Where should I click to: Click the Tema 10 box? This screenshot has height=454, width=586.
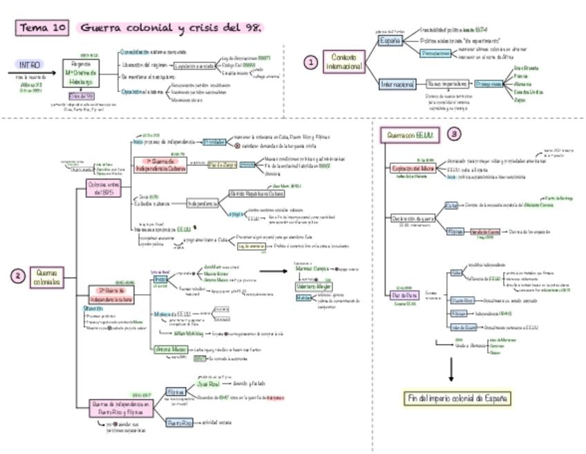point(43,28)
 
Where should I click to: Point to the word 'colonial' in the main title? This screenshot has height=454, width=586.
point(145,28)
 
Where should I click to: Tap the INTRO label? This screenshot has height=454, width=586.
point(30,64)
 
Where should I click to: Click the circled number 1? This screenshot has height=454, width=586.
point(311,62)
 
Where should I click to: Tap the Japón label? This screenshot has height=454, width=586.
point(520,100)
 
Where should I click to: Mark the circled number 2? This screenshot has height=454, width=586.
point(18,277)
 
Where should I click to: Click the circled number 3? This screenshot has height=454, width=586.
point(453,134)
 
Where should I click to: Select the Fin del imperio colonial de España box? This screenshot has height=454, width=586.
point(458,398)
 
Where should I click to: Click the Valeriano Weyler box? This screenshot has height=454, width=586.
point(314,286)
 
